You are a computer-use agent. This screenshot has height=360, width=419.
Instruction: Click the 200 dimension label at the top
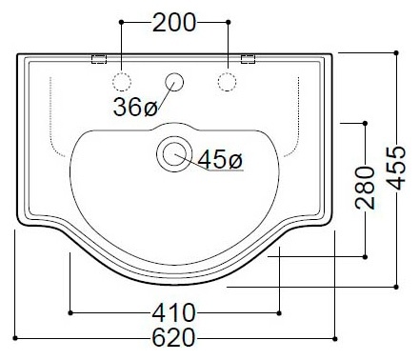click(174, 23)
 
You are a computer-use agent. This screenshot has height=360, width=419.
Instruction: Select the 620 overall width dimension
click(173, 338)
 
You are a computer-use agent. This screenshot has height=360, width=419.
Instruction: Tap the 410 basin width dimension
click(174, 313)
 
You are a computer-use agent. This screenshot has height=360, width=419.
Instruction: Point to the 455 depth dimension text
click(396, 168)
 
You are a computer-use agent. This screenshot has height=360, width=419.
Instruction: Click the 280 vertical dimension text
click(365, 188)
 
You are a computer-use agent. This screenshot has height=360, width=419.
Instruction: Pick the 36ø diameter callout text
click(135, 107)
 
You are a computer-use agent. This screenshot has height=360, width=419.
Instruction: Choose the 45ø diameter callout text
click(220, 159)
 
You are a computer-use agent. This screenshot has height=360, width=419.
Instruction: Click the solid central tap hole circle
click(174, 82)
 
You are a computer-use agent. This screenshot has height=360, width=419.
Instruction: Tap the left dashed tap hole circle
click(122, 82)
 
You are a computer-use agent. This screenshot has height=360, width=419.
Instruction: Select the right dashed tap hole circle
click(227, 82)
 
